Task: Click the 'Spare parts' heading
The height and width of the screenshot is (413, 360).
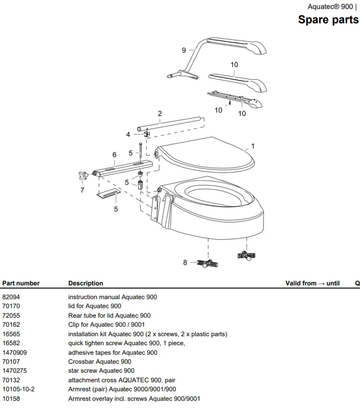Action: click(328, 20)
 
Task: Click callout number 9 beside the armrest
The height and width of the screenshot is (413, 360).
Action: click(184, 50)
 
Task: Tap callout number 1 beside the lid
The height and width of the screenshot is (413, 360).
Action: click(253, 146)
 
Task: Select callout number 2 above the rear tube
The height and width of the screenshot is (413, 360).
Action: click(160, 114)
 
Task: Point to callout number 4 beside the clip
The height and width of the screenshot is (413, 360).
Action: click(128, 134)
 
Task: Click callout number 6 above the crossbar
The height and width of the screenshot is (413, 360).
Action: click(114, 155)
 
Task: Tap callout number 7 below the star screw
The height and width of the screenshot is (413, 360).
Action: click(82, 190)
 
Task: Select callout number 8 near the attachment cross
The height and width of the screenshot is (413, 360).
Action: click(185, 262)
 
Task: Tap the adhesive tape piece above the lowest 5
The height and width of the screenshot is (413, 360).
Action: click(109, 194)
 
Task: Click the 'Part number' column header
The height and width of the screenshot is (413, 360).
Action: click(21, 283)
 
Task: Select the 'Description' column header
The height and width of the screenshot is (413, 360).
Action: click(86, 283)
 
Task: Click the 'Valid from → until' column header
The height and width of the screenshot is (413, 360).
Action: click(312, 283)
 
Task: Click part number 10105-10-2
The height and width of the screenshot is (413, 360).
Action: click(19, 389)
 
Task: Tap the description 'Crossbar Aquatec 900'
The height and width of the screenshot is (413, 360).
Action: click(100, 362)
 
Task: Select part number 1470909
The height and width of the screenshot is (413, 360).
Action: click(14, 353)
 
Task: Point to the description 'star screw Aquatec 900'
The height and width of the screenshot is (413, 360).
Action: click(101, 371)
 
